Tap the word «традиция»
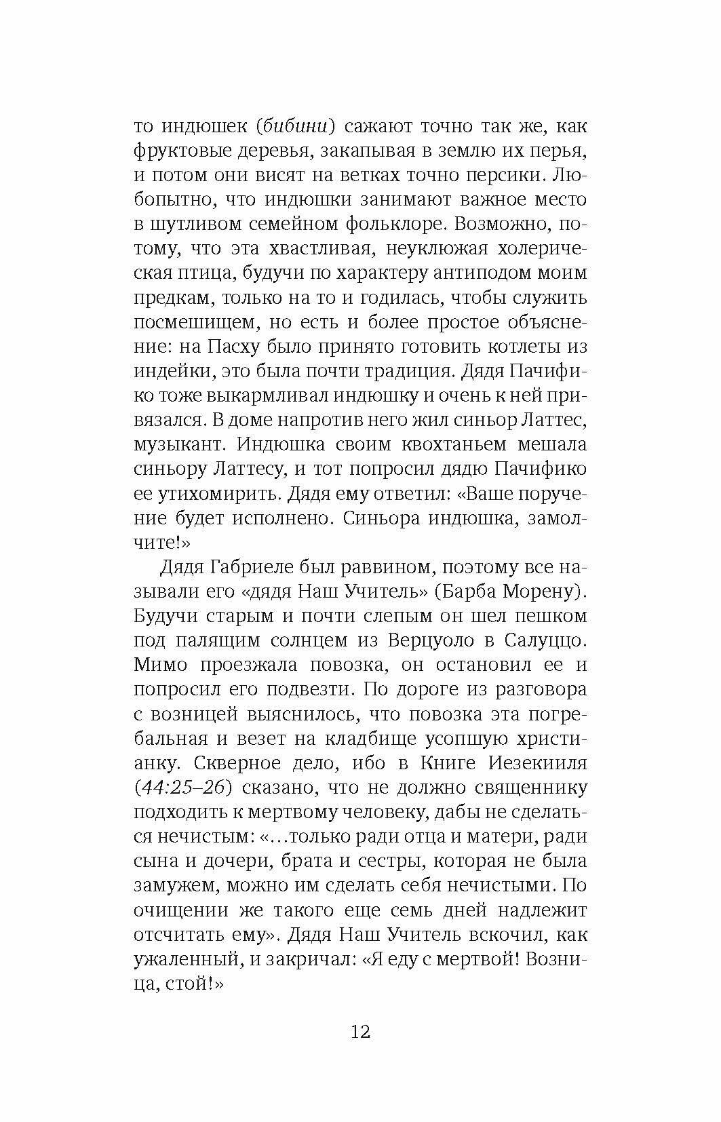click(x=406, y=371)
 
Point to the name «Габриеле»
click(x=254, y=567)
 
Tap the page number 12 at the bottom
click(x=360, y=1032)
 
